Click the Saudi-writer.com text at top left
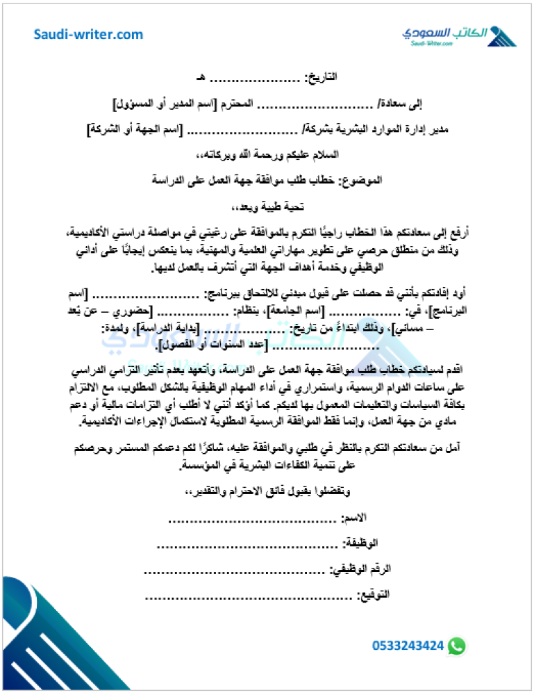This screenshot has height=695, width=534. [88, 34]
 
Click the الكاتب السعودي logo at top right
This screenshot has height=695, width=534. [458, 35]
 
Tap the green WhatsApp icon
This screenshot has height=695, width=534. [456, 646]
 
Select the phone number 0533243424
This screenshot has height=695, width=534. [408, 646]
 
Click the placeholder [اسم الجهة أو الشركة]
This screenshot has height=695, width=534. [135, 129]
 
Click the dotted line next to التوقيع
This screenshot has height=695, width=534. [250, 596]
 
